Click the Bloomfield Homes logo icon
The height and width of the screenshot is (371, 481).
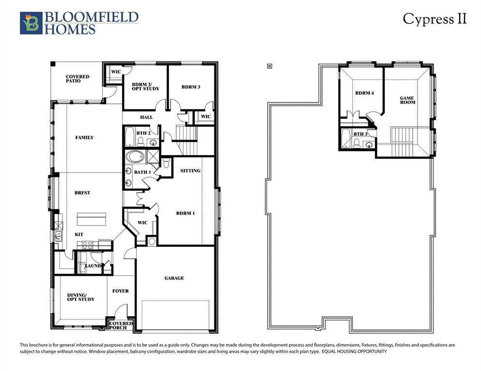31,23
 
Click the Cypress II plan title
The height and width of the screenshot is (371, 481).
435,19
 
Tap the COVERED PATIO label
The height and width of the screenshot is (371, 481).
77,79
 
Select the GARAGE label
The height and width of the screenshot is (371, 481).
174,278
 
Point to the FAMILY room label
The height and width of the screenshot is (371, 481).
84,138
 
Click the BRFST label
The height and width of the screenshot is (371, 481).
82,193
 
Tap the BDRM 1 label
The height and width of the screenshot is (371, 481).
185,213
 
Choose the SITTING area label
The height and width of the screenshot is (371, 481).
190,171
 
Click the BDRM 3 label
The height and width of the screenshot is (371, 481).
191,87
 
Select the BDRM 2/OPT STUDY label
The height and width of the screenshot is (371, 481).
145,86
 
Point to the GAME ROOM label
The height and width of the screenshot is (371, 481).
407,100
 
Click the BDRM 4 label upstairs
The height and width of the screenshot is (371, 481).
364,93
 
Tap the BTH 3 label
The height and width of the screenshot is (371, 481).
360,134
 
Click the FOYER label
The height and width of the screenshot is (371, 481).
120,291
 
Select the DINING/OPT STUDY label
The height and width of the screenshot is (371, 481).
81,297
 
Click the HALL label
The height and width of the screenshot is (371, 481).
146,117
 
